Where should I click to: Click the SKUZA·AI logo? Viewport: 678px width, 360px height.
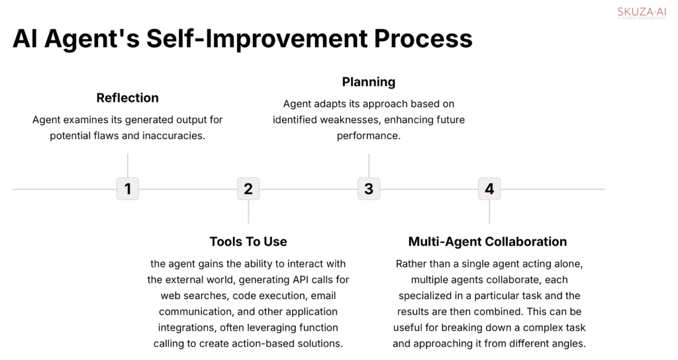point(642,13)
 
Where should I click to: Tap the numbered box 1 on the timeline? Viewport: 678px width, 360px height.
point(128,189)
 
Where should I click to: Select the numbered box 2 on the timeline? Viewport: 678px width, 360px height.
point(248,189)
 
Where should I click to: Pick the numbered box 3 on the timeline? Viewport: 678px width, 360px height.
point(369,189)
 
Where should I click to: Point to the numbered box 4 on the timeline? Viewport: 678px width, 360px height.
point(489,189)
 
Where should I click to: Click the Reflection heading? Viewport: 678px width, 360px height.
point(128,98)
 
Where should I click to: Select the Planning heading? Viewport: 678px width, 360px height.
point(369,82)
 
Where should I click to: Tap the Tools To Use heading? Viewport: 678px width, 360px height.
point(248,242)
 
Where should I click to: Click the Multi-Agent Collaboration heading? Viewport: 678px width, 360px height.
point(488,242)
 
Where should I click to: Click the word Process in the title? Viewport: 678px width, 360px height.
point(423,38)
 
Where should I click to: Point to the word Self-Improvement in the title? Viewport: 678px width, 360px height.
point(257,39)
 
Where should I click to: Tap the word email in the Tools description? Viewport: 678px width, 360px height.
point(323,296)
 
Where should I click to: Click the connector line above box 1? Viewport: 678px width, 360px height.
point(128,165)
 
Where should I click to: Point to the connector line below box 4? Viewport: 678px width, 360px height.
point(489,212)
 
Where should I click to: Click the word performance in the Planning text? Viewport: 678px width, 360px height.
point(369,136)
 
